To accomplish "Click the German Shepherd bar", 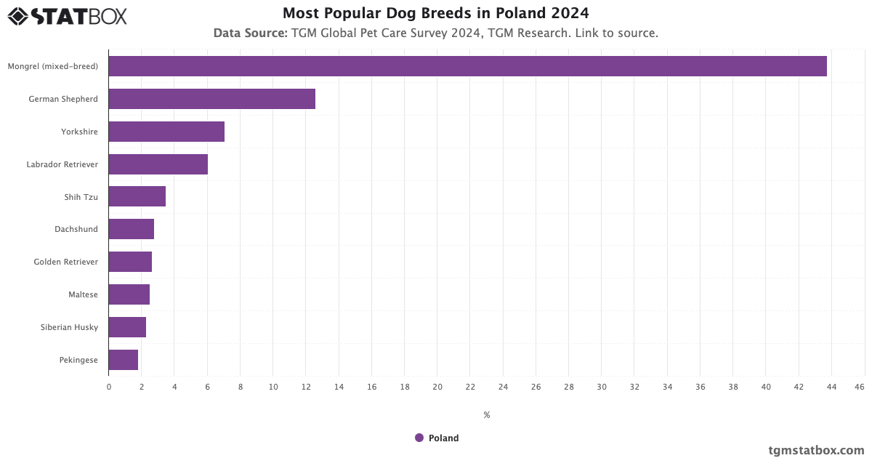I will pyautogui.click(x=211, y=99).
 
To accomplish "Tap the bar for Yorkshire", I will pyautogui.click(x=166, y=132).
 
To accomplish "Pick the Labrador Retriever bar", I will pyautogui.click(x=158, y=164).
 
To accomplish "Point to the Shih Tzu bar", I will pyautogui.click(x=137, y=196).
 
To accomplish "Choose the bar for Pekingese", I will pyautogui.click(x=123, y=360).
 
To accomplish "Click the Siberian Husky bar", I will pyautogui.click(x=127, y=327).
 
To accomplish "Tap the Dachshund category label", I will pyautogui.click(x=76, y=229).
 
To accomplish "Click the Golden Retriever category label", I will pyautogui.click(x=65, y=262).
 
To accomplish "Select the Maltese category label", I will pyautogui.click(x=83, y=294).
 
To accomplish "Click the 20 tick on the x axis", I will pyautogui.click(x=437, y=387).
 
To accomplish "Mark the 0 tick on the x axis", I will pyautogui.click(x=109, y=387).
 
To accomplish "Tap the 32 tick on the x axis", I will pyautogui.click(x=634, y=387).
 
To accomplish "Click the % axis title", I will pyautogui.click(x=486, y=415).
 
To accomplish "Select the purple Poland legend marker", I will pyautogui.click(x=419, y=438).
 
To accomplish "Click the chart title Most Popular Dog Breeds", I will pyautogui.click(x=435, y=13).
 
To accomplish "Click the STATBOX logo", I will pyautogui.click(x=67, y=16).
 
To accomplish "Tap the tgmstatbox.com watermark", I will pyautogui.click(x=816, y=450).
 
